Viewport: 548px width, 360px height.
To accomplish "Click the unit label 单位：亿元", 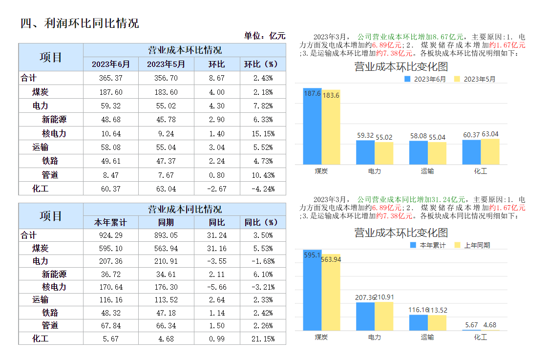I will tap(264, 36).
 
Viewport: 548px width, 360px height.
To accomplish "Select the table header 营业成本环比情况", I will tap(184, 50).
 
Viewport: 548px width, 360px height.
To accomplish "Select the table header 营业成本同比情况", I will tap(184, 209).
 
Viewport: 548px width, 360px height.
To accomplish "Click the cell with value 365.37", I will tap(111, 78).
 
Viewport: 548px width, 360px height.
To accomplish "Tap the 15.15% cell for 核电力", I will tap(263, 134).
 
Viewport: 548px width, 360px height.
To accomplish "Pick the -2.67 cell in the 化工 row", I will tap(217, 189).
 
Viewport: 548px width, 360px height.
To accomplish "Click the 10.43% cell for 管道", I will tap(263, 175).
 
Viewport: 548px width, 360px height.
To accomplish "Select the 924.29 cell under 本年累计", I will tap(111, 235).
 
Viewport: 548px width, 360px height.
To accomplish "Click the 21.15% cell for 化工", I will tap(263, 339).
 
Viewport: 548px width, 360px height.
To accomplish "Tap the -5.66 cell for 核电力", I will tap(217, 287).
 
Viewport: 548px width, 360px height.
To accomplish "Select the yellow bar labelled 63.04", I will tap(490, 152).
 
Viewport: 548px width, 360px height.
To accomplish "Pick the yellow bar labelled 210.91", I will tap(384, 316).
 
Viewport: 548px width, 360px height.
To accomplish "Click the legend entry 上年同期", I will tap(477, 246).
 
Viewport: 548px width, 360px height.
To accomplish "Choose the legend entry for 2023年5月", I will tap(479, 79).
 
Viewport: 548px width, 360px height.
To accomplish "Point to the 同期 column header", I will tap(167, 223).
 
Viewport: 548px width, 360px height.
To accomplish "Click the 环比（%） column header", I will tap(263, 64).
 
